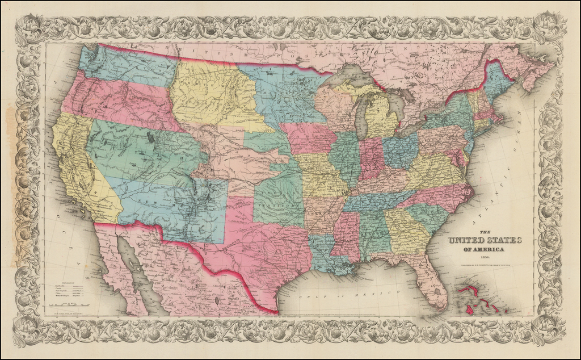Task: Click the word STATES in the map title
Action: click(503, 240)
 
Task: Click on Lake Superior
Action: click(352, 77)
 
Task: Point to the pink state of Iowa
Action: click(309, 140)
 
